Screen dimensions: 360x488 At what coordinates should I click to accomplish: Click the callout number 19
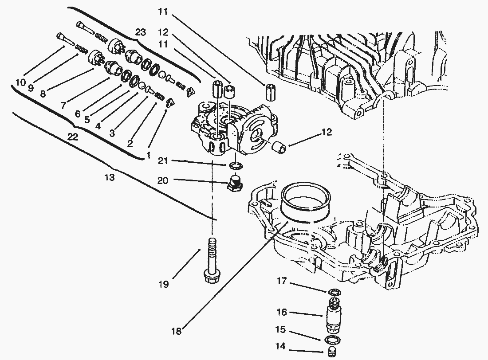pos(164,284)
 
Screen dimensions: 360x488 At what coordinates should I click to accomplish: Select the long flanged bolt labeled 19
pos(212,262)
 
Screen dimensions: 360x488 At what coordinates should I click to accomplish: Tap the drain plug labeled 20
pos(235,183)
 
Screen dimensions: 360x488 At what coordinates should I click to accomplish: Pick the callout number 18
pos(177,330)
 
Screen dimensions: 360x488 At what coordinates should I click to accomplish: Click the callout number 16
pos(282,312)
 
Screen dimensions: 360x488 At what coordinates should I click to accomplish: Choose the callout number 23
pos(141,32)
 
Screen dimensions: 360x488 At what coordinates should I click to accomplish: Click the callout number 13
pos(110,178)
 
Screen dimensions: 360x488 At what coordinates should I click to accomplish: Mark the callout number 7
pos(63,106)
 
